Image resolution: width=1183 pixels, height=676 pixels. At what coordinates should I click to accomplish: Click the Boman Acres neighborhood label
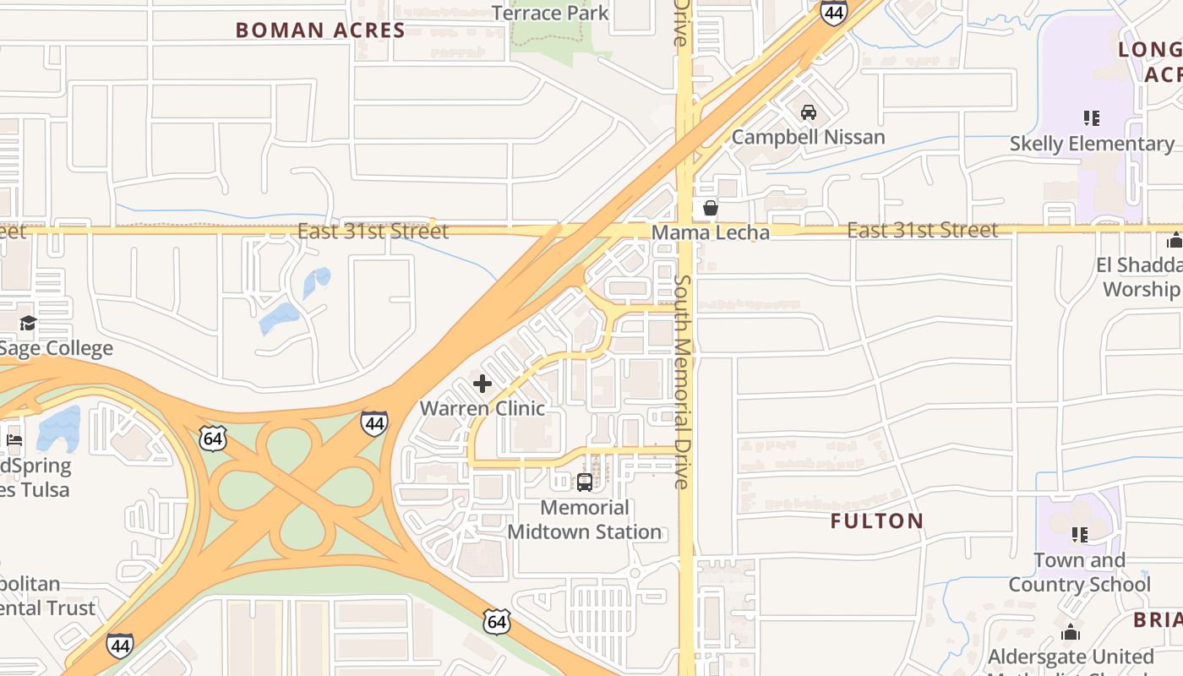point(320,30)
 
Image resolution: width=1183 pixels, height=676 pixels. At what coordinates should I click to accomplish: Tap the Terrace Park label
point(550,13)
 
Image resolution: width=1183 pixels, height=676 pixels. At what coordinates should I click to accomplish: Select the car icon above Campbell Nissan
point(809,112)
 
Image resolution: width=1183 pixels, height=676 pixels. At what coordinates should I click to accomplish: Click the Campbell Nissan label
point(809,137)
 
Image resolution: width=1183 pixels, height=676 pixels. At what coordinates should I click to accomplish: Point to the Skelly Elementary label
point(1092,144)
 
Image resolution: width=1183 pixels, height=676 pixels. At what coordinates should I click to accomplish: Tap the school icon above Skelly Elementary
point(1092,118)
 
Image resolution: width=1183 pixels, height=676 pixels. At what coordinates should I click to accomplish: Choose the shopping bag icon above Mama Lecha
point(711,208)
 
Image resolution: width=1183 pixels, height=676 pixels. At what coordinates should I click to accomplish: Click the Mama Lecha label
point(711,232)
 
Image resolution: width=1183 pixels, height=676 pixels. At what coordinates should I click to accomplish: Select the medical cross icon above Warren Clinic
point(482,384)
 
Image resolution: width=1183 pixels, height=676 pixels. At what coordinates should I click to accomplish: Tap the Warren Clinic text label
point(482,408)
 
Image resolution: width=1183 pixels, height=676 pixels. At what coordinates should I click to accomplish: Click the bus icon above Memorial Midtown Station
point(584,482)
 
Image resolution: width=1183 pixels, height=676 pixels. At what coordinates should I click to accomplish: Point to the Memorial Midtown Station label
point(585,520)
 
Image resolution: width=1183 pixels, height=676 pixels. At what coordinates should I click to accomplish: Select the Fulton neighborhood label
point(877,521)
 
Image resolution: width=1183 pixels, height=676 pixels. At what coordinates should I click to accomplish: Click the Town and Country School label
point(1079,572)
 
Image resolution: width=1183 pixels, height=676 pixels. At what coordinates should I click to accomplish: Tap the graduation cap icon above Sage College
point(29,324)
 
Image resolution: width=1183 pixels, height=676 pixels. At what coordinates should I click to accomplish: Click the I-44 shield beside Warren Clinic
point(374,422)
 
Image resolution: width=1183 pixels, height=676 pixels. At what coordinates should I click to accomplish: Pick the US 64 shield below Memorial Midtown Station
point(497,622)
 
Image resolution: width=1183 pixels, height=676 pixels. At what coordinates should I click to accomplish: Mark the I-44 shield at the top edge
point(833,12)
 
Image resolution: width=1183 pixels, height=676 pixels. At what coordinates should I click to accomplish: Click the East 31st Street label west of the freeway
point(373,231)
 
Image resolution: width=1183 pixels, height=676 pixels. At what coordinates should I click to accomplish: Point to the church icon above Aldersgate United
point(1071,633)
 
